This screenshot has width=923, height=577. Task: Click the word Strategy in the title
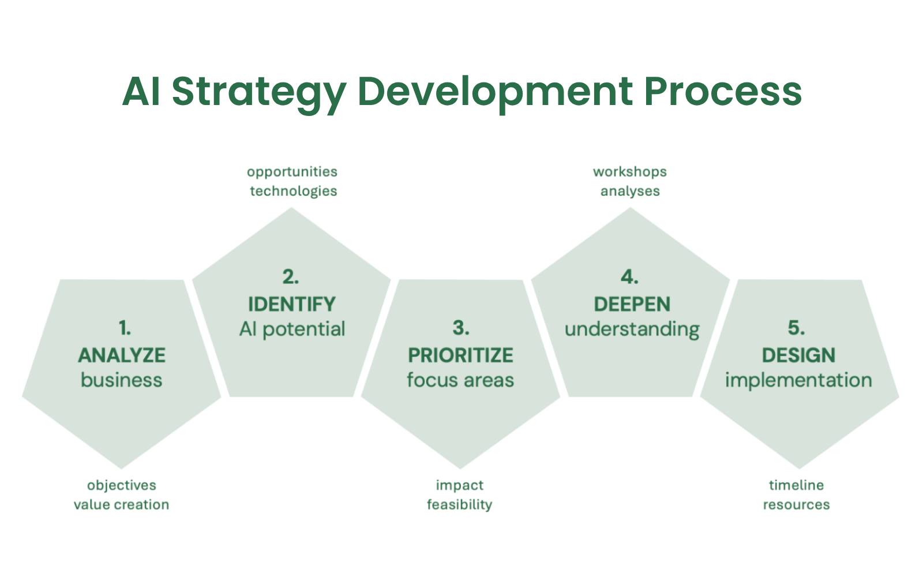click(x=259, y=91)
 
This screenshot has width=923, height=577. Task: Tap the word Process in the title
click(x=722, y=91)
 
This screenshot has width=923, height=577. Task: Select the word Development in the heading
click(x=495, y=91)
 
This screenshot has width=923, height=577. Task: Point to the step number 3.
click(x=460, y=328)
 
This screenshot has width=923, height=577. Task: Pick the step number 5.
click(x=796, y=328)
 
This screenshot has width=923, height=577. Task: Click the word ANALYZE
click(x=122, y=355)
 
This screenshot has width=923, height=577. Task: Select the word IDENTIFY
click(x=291, y=304)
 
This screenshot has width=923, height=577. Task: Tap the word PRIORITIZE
click(x=460, y=355)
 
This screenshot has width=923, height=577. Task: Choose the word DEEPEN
click(x=632, y=304)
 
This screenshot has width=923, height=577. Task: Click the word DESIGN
click(x=798, y=355)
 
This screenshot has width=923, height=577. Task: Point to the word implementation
click(x=798, y=380)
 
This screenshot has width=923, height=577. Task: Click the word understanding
click(x=632, y=329)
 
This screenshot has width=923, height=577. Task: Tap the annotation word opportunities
click(x=292, y=171)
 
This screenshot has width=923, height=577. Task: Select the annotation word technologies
click(x=293, y=191)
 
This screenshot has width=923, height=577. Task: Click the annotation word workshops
click(x=630, y=171)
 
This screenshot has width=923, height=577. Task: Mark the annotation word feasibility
click(x=459, y=505)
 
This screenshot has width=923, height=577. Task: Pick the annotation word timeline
click(x=796, y=485)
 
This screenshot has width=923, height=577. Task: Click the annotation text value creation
click(x=121, y=505)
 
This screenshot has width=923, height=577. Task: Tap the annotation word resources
click(x=796, y=505)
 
